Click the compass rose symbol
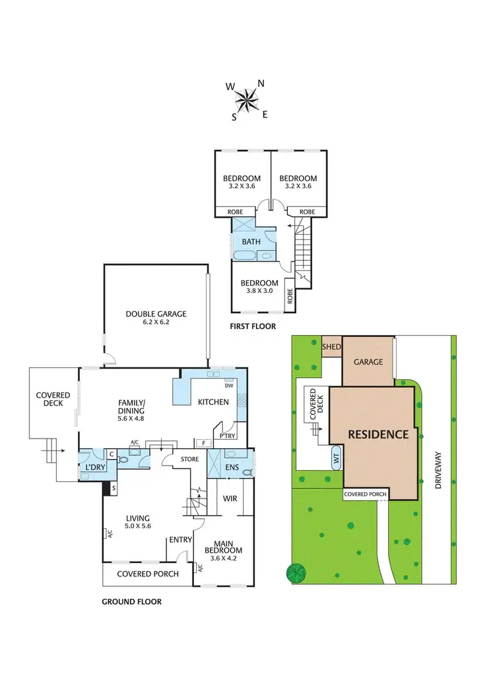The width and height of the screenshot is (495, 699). [247, 100]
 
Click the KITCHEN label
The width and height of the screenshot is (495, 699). [213, 402]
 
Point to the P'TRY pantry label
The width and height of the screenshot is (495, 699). [228, 437]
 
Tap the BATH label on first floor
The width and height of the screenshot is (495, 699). [251, 242]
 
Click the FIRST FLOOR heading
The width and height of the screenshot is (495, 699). [253, 326]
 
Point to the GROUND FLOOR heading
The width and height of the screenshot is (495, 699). [131, 601]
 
